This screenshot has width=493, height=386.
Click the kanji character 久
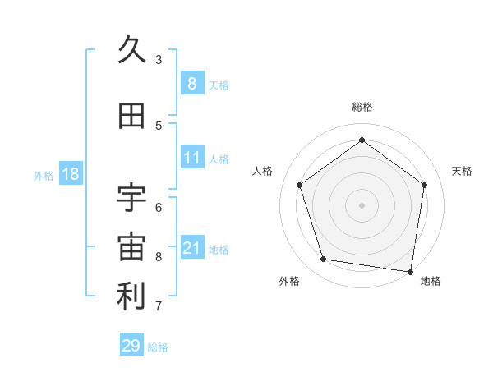point(131,50)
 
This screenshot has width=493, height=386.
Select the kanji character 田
point(131,117)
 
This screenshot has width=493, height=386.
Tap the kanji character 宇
point(131,198)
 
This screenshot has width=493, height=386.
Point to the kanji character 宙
point(131,247)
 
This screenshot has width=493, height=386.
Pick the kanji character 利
point(131,296)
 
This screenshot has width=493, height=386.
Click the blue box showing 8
point(191,83)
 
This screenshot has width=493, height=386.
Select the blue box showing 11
point(191,157)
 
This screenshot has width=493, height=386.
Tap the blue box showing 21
point(191,247)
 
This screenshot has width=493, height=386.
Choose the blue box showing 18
point(70,174)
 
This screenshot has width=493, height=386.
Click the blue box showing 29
point(131,346)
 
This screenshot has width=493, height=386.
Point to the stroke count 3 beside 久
point(159,59)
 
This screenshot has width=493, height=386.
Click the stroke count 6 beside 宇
point(159,207)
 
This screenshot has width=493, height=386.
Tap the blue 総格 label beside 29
point(158,347)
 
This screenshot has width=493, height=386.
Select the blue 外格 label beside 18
point(44,175)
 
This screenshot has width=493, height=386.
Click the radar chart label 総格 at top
point(362,107)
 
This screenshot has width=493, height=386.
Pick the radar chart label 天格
point(462,171)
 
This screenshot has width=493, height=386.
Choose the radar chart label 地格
point(431,281)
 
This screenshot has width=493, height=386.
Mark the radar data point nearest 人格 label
point(300,185)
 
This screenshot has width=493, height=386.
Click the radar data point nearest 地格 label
point(411,271)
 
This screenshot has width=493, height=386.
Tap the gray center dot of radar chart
point(362,204)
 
